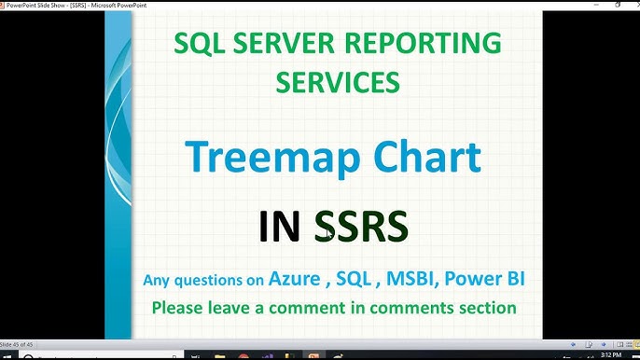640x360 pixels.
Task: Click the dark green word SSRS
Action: pyautogui.click(x=360, y=227)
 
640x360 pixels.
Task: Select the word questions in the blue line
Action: pyautogui.click(x=221, y=280)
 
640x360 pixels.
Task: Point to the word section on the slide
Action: pyautogui.click(x=483, y=307)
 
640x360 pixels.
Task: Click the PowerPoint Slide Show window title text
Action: pyautogui.click(x=65, y=4)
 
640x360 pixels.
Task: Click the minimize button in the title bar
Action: pyautogui.click(x=597, y=4)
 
